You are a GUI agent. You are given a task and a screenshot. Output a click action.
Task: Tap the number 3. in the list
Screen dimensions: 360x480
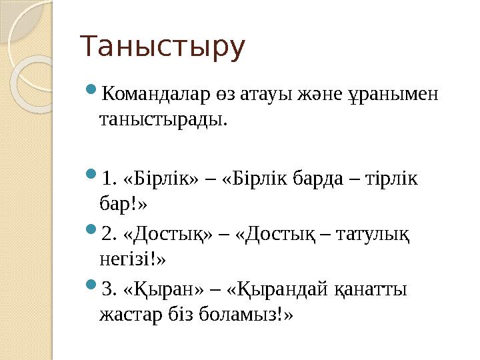tap(110, 289)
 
